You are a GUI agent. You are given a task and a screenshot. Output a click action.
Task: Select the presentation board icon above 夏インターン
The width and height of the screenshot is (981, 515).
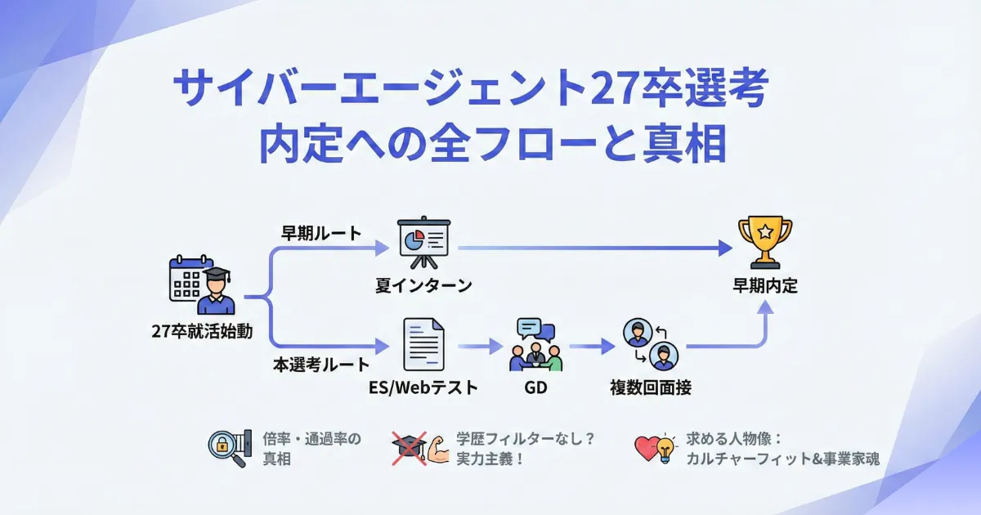(x=423, y=243)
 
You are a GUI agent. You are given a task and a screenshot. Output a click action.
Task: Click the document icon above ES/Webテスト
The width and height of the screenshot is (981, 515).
(x=423, y=345)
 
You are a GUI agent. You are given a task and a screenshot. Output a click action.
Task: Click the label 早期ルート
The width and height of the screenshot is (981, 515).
(x=320, y=233)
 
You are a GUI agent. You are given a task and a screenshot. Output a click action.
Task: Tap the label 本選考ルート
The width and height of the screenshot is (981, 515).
(x=321, y=365)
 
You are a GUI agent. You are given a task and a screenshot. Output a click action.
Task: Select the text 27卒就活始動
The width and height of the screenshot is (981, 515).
(x=202, y=331)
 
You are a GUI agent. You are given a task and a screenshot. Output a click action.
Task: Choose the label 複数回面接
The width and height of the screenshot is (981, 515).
(x=651, y=387)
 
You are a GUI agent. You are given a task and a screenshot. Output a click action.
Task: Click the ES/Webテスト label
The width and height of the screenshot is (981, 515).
(x=423, y=387)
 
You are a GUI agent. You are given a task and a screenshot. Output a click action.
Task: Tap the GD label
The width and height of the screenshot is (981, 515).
(x=535, y=387)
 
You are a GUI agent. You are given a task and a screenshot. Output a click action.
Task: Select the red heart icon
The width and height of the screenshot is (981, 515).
(x=647, y=449)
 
